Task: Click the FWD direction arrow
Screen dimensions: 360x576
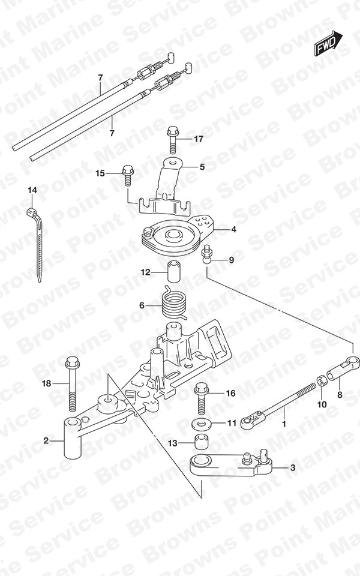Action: (328, 44)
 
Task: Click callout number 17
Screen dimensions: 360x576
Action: (199, 139)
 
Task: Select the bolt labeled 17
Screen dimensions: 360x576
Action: (173, 139)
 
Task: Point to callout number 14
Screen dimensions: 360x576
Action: (32, 190)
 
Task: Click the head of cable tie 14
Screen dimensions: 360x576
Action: (32, 212)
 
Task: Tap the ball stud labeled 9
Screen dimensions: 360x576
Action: (206, 253)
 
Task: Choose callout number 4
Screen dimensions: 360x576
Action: (233, 230)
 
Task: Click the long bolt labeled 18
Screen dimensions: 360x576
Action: (71, 384)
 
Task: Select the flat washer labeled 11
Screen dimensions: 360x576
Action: (201, 425)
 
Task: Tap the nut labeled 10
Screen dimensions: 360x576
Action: (320, 381)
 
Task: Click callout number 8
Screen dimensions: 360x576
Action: (340, 395)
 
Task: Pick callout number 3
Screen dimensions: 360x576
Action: (292, 467)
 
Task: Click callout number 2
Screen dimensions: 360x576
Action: (46, 440)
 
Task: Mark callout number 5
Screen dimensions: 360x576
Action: (202, 167)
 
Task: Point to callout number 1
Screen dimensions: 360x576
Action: (284, 424)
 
